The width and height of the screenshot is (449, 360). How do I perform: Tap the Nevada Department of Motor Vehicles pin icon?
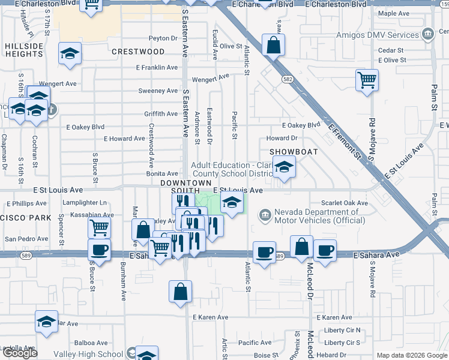click(264, 214)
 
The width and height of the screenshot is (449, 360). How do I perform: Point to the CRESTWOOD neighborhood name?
click(138, 52)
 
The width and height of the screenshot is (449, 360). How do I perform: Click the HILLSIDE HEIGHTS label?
click(25, 50)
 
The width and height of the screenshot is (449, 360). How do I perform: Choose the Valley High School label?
click(97, 355)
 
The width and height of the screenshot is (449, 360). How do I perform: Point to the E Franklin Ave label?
click(159, 68)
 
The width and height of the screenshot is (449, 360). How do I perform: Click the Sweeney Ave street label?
click(158, 91)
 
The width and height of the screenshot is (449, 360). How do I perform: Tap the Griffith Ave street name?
click(160, 114)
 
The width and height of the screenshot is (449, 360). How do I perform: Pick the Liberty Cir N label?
click(342, 330)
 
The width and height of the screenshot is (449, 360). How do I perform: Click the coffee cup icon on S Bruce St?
click(99, 250)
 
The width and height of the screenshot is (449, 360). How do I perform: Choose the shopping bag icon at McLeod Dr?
click(301, 246)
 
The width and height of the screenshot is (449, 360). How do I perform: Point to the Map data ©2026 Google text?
click(412, 355)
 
